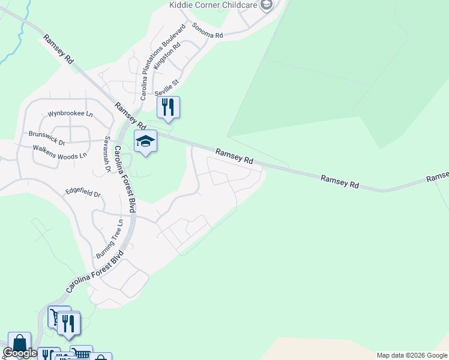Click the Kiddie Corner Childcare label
(213, 5)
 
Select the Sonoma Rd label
(208, 31)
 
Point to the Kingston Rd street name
(167, 57)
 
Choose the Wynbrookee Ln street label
(71, 113)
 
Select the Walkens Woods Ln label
(60, 151)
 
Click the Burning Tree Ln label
(109, 238)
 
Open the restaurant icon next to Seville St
(169, 107)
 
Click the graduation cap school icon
(145, 142)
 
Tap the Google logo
(19, 353)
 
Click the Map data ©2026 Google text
(412, 355)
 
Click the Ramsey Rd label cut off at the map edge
(438, 177)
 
